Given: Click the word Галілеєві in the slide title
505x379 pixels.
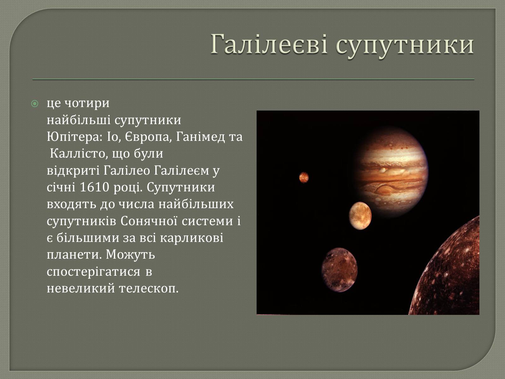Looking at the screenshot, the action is coord(269,44).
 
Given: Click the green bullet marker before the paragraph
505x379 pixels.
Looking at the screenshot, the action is coord(34,104).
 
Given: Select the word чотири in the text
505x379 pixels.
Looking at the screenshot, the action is coord(87,104).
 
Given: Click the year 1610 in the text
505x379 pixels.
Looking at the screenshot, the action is coord(94,188).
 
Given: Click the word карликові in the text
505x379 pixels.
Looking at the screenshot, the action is coord(191,238).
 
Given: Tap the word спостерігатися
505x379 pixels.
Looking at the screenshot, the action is coord(93,272).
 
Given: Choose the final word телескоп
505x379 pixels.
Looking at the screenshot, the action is coord(149,289).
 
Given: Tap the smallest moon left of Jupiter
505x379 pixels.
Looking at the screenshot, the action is coord(304,177).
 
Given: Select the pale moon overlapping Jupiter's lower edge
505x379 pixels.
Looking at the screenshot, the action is coord(360,216).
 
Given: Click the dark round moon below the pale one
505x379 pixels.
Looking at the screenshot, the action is coord(339,270).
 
